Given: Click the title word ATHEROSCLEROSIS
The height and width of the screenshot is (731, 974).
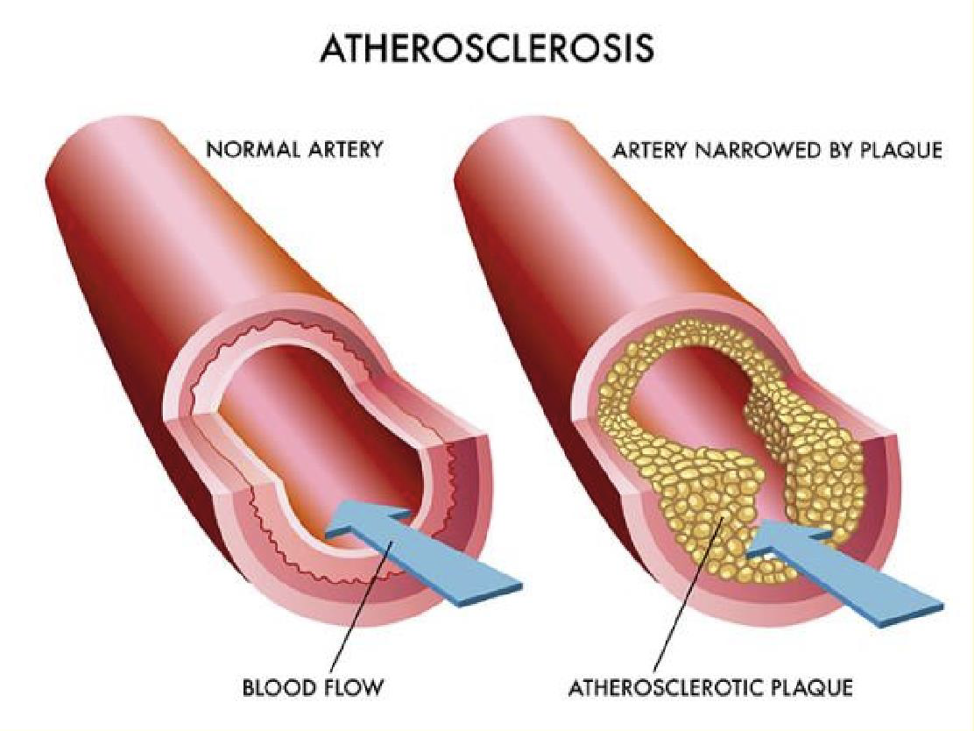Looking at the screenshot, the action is (487, 48).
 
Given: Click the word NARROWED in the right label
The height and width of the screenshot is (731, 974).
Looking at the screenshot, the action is (756, 151).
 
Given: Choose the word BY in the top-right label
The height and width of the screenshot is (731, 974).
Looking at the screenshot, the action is (838, 151).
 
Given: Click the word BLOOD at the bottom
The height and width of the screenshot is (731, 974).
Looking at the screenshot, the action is (279, 687).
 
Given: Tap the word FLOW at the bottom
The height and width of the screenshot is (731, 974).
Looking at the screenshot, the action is (354, 687).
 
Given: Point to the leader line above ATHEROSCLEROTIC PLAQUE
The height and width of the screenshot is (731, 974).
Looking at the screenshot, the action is (688, 598).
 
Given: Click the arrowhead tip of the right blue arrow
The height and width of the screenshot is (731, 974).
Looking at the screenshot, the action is (746, 550).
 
